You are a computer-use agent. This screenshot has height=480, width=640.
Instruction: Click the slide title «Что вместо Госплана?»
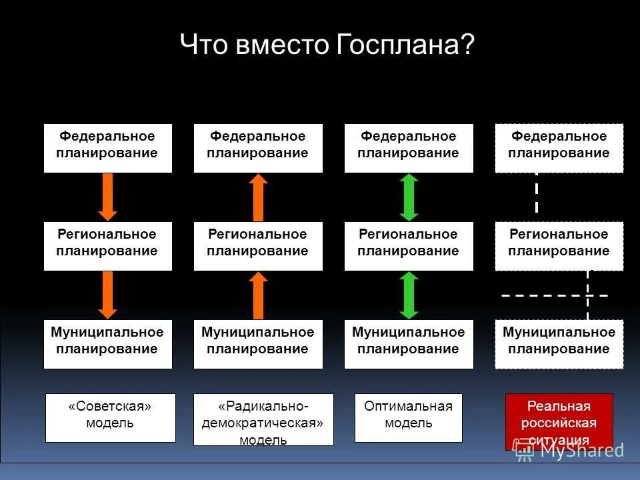tap(327, 46)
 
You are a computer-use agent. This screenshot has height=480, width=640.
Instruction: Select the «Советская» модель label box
tap(110, 417)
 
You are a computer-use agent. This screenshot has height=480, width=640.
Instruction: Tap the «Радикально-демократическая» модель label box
tap(263, 419)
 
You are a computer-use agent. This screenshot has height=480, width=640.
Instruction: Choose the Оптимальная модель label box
tap(408, 417)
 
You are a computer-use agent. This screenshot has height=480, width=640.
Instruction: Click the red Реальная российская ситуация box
tap(559, 420)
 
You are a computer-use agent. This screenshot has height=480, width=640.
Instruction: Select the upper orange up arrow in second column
tap(258, 197)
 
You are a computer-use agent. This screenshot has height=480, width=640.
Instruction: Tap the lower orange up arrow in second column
tap(258, 295)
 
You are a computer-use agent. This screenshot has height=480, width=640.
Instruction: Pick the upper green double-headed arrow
tap(409, 197)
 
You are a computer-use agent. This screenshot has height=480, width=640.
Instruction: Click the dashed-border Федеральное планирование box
tap(559, 148)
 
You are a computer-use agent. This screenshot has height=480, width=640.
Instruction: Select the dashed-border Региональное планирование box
tap(559, 246)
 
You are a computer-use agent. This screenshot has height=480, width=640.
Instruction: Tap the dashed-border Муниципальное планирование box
tap(559, 344)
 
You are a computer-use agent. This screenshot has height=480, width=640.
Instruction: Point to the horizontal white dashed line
tap(555, 295)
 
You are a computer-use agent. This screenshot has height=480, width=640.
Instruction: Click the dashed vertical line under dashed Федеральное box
tap(537, 193)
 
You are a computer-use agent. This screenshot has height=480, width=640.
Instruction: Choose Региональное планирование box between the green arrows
tap(409, 246)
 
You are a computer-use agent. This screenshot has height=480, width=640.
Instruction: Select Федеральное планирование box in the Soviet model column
tap(107, 148)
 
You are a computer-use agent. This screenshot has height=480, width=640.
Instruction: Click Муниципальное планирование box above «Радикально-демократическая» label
tap(258, 344)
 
